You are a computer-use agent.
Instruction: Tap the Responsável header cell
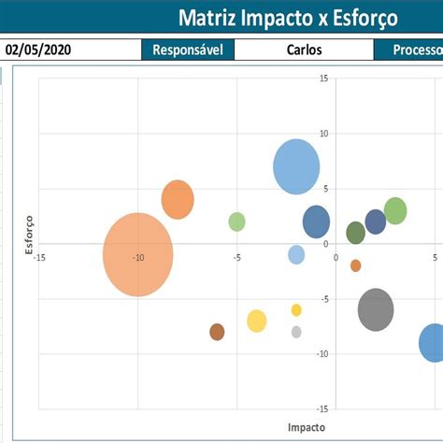tap(187, 50)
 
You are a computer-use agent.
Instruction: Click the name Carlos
tap(304, 50)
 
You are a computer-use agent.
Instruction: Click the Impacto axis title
tap(307, 426)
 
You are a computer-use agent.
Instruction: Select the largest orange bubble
tap(138, 254)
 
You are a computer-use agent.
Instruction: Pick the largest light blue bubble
tap(296, 166)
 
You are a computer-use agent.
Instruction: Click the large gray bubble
tap(376, 309)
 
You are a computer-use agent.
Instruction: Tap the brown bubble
tap(217, 332)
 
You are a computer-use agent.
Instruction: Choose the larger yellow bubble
tap(257, 321)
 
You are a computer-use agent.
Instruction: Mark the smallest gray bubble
tap(296, 332)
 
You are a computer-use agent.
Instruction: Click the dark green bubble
tap(355, 233)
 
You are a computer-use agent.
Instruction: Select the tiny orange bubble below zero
tap(356, 265)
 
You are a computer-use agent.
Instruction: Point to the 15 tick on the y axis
tap(322, 79)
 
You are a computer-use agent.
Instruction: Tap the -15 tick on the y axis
tap(322, 408)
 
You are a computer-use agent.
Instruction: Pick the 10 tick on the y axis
tap(322, 134)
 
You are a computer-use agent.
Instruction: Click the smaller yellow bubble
tap(296, 310)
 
